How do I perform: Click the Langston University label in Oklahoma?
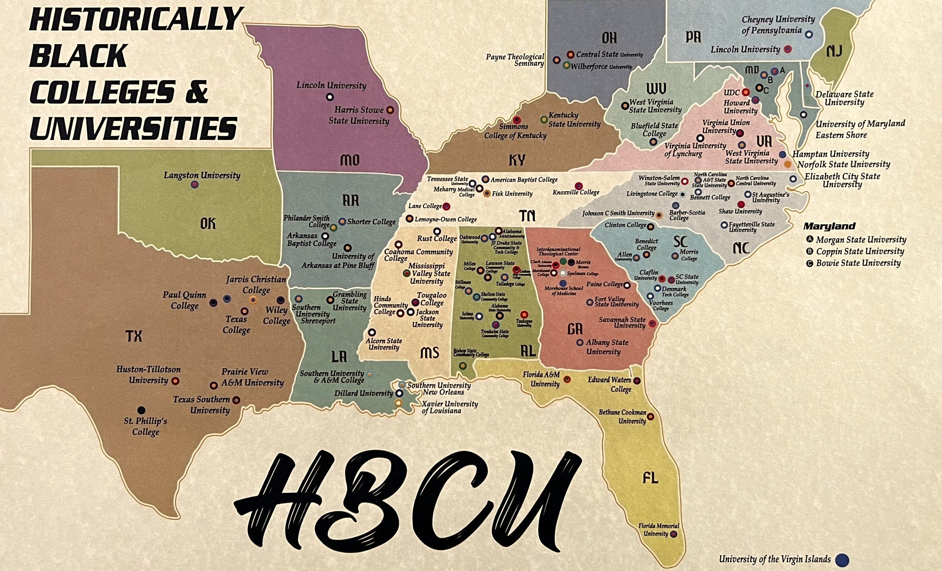pos(202,175)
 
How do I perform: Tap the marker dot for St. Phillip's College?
pos(141,410)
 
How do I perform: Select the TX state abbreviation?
pos(134,336)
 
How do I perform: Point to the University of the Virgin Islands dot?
pos(842,560)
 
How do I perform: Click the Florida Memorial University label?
pos(658,529)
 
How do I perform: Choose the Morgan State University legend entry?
pos(860,240)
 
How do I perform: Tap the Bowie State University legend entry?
pos(858,263)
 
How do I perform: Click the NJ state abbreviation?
pos(834,51)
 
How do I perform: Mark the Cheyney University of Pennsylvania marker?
pos(809,34)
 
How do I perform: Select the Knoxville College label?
pos(576,193)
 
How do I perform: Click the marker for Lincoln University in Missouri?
pos(330,97)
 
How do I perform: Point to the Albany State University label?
pos(607,347)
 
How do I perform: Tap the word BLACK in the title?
pos(79,56)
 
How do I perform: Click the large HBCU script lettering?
pos(408,497)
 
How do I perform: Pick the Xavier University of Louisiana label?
pos(449,407)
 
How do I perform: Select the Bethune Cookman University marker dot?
pos(651,416)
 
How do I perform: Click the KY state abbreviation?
pos(517,160)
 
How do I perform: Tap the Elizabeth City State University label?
pos(842,180)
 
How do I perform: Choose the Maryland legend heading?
pos(829,226)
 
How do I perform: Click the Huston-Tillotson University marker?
pos(175,381)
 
